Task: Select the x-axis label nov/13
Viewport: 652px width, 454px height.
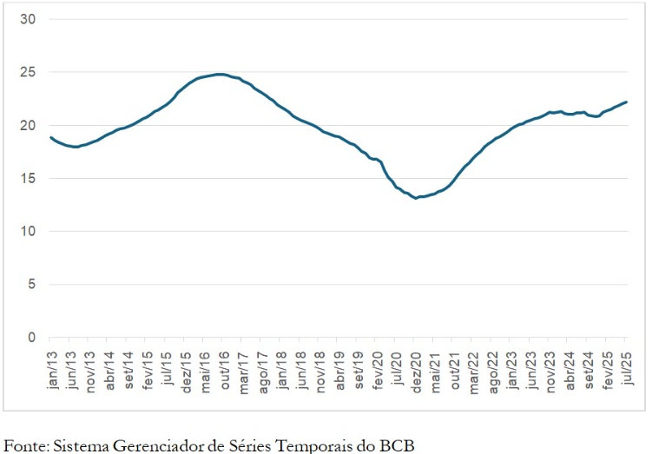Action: click(91, 367)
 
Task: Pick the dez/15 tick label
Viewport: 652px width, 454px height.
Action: click(188, 367)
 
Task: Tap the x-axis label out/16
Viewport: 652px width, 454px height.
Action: click(227, 367)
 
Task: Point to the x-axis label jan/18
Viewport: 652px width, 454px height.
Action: click(284, 367)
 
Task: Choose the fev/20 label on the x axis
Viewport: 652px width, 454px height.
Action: click(379, 367)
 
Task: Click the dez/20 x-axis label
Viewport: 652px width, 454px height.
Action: click(418, 367)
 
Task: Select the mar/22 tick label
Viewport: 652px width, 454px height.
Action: click(476, 367)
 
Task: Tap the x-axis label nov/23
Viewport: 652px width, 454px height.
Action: click(552, 367)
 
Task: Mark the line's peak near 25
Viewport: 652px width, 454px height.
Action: click(221, 74)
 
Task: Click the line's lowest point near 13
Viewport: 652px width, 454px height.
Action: click(417, 198)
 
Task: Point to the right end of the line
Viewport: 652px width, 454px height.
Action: click(626, 102)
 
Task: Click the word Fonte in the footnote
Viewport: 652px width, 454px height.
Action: click(25, 445)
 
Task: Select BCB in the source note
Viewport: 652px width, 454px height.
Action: click(398, 445)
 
